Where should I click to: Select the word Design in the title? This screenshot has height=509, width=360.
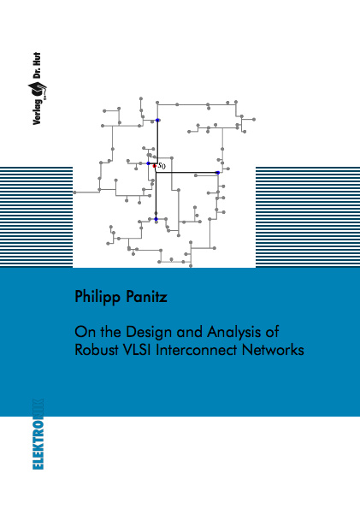point(149,333)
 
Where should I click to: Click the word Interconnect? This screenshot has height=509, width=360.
point(197,350)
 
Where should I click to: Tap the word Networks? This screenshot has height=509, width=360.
point(273,350)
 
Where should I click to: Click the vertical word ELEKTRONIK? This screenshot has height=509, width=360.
point(38,434)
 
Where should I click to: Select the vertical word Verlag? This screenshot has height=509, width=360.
point(37,111)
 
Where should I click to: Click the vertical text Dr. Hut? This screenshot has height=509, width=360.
point(37,65)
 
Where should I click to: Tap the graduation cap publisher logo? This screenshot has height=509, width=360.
point(38,89)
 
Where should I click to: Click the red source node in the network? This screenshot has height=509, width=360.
point(155,166)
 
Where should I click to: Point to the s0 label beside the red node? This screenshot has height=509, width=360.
point(162,166)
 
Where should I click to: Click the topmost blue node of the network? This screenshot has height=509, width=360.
point(157,120)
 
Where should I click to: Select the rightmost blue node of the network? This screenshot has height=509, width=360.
point(218,172)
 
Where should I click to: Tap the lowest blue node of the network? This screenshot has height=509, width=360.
point(156,219)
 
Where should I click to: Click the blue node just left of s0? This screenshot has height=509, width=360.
point(148,163)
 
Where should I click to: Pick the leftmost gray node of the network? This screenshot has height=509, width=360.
point(74,192)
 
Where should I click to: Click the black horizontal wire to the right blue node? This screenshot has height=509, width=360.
point(186,172)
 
